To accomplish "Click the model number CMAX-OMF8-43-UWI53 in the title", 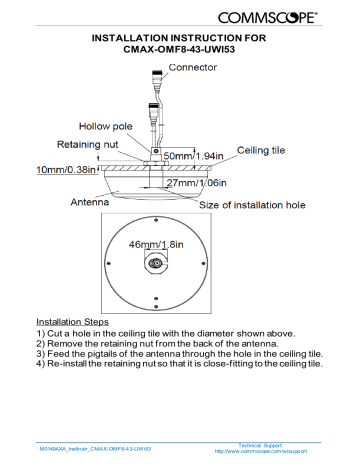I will tap(180, 48).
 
